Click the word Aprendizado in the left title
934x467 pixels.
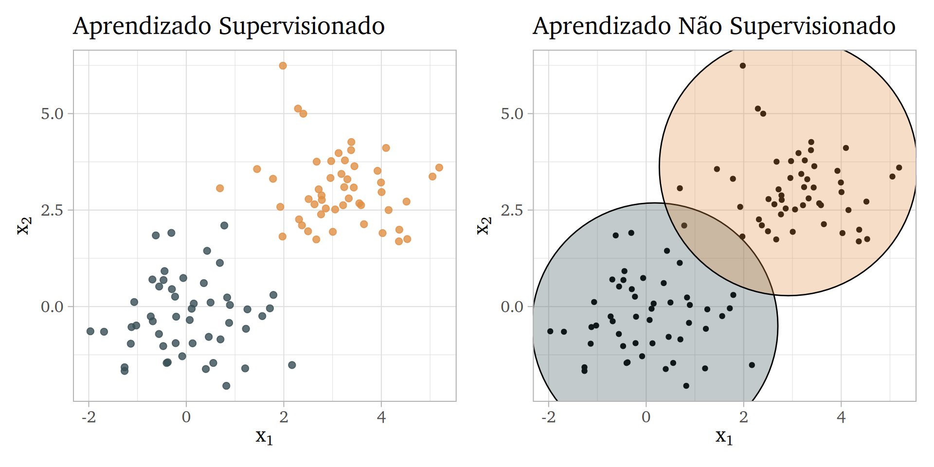click(x=143, y=27)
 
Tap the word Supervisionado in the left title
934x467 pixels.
click(x=302, y=27)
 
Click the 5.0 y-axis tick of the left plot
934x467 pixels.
click(x=53, y=114)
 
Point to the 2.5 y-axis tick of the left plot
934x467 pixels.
click(x=53, y=210)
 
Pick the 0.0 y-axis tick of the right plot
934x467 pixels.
click(x=512, y=307)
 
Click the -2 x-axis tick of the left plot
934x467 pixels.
click(x=88, y=417)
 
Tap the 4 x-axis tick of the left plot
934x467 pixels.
click(x=381, y=417)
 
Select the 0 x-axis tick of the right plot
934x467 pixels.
click(x=646, y=417)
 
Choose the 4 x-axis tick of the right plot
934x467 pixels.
click(x=841, y=417)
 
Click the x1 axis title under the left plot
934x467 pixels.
click(x=264, y=436)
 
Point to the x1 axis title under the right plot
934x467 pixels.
click(x=724, y=436)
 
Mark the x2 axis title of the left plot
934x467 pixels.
click(x=24, y=225)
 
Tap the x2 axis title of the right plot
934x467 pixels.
click(x=484, y=225)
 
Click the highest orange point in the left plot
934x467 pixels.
click(x=283, y=66)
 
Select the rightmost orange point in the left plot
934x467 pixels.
click(x=439, y=168)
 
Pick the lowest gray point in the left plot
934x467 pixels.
click(x=226, y=386)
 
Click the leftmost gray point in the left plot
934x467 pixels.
click(x=90, y=331)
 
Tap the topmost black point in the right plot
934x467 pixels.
click(x=743, y=66)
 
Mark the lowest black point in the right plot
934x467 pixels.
click(x=686, y=386)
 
